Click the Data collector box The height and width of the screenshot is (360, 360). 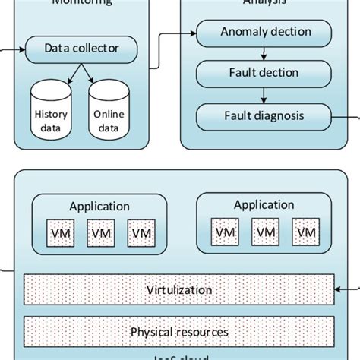coord(81,50)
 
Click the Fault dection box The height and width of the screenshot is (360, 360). coord(264,74)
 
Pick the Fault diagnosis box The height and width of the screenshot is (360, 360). coord(264,116)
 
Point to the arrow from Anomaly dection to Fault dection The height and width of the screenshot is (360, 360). coord(263,53)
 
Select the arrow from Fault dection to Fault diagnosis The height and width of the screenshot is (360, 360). coord(263,96)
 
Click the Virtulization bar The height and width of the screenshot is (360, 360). coord(180,289)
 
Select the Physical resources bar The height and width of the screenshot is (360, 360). coord(180,332)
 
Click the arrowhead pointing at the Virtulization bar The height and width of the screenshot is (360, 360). coord(339,289)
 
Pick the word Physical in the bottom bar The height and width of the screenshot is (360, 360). coord(152,332)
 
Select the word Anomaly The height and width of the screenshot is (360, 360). coord(242,32)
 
